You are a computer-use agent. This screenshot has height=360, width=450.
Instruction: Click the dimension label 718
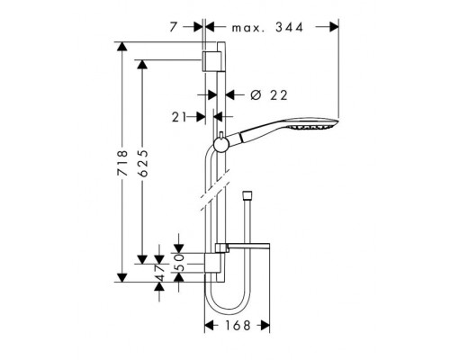122,163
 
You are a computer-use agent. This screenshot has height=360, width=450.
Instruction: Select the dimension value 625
143,163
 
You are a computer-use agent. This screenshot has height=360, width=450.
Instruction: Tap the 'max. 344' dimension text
267,28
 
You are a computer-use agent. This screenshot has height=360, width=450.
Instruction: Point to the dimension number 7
174,27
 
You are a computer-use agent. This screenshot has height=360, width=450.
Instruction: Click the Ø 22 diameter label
269,95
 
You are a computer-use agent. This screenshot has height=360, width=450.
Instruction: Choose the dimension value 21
179,117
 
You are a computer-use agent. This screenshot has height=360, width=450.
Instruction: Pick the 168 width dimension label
237,325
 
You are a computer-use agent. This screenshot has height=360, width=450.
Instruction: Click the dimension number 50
179,263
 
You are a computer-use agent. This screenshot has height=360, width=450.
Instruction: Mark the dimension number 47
159,273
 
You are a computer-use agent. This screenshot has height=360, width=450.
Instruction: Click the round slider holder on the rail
221,146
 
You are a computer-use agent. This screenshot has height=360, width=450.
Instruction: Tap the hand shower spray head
312,124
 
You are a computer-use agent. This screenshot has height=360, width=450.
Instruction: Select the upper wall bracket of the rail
212,61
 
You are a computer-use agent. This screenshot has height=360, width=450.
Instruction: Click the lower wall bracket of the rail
214,263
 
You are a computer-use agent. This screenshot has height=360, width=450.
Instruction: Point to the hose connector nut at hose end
247,194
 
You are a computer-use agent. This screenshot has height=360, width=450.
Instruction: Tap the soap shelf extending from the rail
243,247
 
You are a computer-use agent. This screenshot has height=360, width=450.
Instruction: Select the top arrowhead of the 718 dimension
121,47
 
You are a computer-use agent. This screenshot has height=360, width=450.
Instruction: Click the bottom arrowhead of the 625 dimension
142,259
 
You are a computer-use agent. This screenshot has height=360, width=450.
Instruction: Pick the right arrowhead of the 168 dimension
265,325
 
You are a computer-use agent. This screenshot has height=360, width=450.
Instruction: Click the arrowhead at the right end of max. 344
334,27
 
